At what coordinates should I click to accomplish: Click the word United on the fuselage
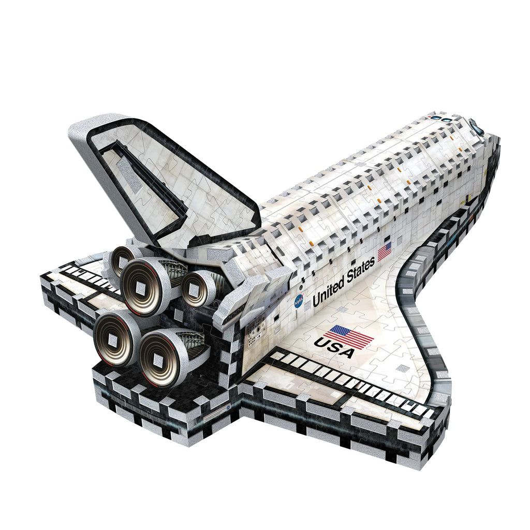(330, 293)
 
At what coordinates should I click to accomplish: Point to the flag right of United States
(384, 252)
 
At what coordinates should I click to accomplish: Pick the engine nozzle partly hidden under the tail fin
(122, 259)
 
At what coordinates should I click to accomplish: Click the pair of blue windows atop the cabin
(445, 119)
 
